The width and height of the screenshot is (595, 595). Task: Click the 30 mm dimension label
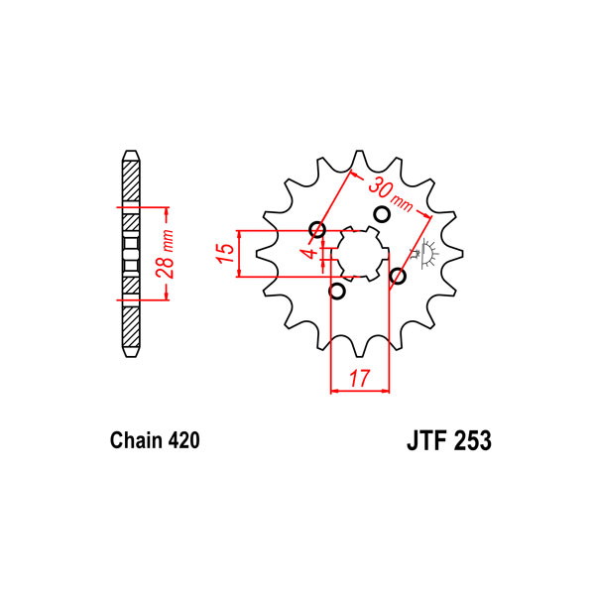(390, 194)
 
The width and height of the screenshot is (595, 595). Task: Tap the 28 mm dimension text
(166, 254)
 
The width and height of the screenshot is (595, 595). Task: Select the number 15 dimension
(225, 254)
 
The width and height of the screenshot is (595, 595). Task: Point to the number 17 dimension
(359, 378)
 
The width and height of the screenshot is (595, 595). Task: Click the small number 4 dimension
(311, 253)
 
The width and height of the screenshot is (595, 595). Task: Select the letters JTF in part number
(425, 440)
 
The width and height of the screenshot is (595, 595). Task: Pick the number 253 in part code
(471, 440)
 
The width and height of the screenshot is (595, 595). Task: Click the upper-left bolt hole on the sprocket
(317, 230)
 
